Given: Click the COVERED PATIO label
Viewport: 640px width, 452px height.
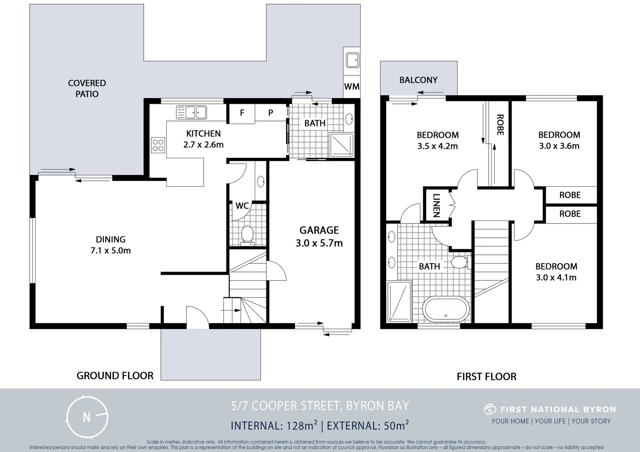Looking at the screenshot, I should (x=87, y=88).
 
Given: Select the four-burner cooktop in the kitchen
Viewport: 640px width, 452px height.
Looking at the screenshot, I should (x=158, y=145).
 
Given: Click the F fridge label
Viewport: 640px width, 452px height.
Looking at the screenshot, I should (x=242, y=113).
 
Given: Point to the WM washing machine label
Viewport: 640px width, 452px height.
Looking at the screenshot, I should (x=351, y=87).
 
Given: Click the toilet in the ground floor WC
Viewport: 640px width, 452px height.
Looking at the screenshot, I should (x=248, y=235).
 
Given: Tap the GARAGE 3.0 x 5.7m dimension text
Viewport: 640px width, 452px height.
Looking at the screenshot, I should (x=319, y=243).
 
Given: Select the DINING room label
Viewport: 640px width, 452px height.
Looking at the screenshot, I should (x=111, y=239).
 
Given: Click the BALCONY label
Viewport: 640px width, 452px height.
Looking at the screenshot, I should (x=418, y=80).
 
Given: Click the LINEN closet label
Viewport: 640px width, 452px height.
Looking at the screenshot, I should (x=436, y=205).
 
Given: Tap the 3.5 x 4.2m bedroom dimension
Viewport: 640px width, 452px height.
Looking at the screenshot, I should (x=437, y=146).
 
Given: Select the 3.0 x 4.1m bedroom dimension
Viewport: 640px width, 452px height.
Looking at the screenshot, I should (x=556, y=277).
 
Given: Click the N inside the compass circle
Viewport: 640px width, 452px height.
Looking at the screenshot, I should (x=87, y=417).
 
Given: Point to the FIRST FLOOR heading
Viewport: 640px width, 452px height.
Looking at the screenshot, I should (x=486, y=377).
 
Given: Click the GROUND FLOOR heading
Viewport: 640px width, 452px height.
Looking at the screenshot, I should (x=115, y=376).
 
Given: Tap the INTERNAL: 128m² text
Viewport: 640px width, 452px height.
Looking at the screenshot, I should (x=274, y=426).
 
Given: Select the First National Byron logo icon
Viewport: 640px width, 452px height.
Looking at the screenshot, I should (x=489, y=409).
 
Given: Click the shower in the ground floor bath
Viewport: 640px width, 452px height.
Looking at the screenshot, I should (x=342, y=145).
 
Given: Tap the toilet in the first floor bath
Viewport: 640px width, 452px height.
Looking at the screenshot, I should (x=459, y=262).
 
